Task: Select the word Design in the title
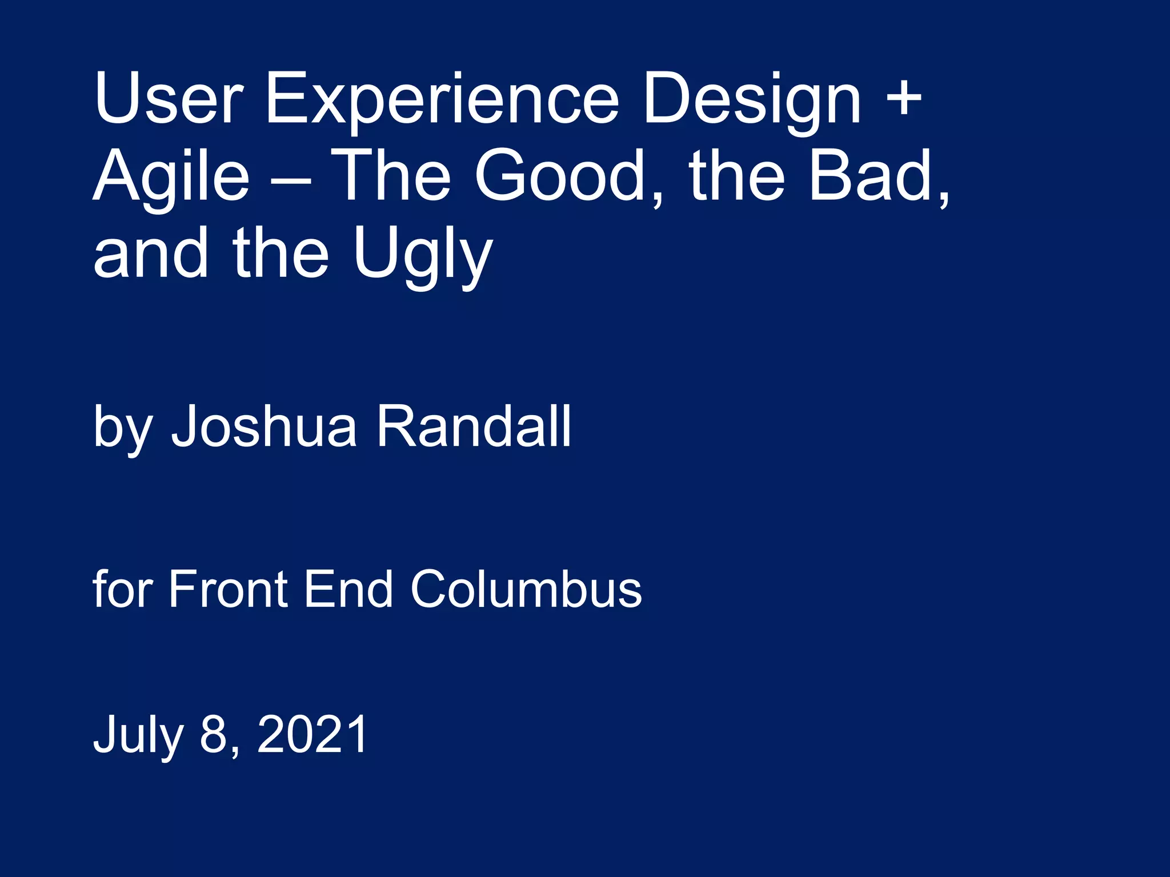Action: [x=752, y=98]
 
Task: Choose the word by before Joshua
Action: [x=123, y=427]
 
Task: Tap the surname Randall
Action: [x=474, y=425]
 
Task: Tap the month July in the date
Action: [x=138, y=735]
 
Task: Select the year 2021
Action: [x=312, y=734]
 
